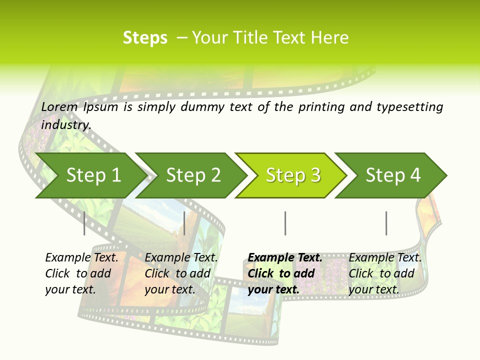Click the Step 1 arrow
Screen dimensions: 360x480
[93, 175]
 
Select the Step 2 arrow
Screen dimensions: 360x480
[193, 175]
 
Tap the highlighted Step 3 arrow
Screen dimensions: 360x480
[293, 175]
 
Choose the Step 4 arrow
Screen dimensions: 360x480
[393, 175]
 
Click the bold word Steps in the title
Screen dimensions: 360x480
[145, 38]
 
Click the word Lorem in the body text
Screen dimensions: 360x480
[59, 106]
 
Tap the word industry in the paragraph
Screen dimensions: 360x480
[66, 124]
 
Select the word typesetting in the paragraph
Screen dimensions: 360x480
[409, 106]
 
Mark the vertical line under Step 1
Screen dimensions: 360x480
[84, 223]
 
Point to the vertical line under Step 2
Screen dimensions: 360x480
[185, 223]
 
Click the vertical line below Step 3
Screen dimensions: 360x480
[285, 223]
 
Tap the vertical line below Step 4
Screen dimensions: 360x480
[386, 223]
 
